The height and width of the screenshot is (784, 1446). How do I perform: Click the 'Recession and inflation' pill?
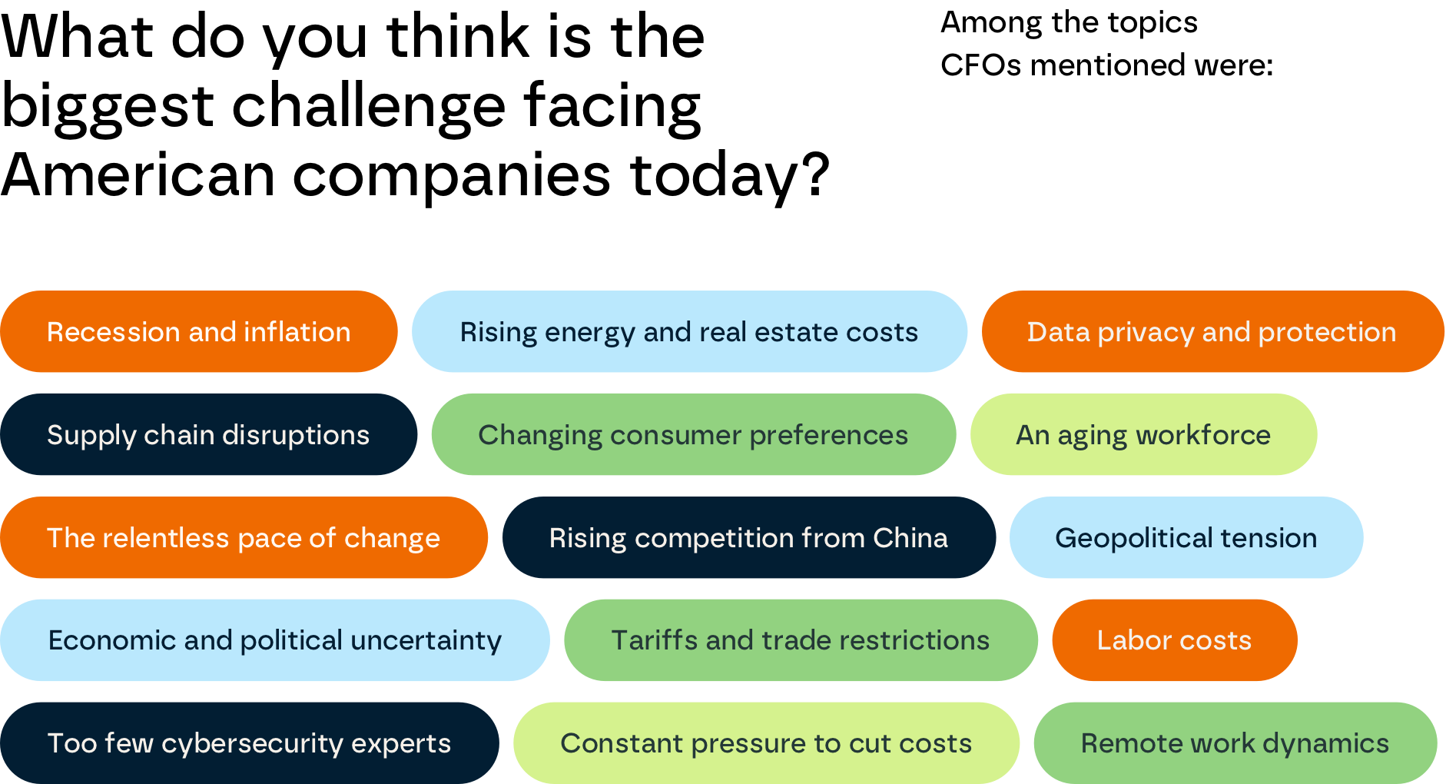198,332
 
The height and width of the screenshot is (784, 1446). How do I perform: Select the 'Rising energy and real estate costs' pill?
689,332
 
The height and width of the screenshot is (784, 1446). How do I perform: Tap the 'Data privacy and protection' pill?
1212,332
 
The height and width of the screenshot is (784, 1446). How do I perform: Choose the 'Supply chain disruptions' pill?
208,435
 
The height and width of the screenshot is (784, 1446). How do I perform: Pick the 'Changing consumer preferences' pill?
693,435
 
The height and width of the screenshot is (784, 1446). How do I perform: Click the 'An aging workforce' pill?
1143,435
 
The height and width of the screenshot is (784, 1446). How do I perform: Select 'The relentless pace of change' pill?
244,538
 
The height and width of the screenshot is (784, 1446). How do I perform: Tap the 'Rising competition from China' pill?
748,538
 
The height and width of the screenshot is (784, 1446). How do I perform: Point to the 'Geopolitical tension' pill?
1186,538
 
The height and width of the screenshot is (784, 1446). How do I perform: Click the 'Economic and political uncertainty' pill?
274,640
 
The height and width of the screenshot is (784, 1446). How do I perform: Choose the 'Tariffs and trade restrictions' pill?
800,640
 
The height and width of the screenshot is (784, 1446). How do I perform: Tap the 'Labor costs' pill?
1174,640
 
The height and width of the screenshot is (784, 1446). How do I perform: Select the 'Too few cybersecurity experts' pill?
249,743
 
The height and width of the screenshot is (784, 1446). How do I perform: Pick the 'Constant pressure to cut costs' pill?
766,743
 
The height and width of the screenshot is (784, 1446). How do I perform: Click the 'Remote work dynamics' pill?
1235,743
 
